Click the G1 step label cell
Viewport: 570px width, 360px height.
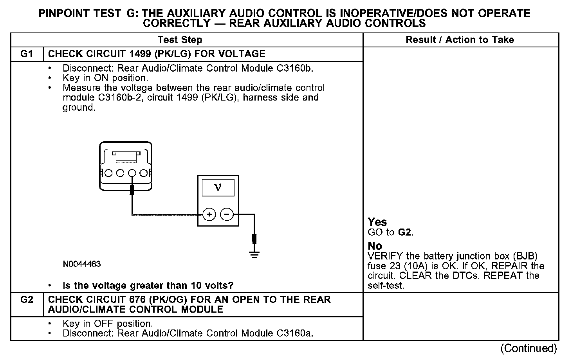27,54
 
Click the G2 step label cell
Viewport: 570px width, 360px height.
27,300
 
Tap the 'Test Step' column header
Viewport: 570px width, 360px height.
180,40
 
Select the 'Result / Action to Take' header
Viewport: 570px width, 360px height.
460,40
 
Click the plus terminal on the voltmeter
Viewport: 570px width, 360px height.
209,214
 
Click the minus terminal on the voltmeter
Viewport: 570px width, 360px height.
227,214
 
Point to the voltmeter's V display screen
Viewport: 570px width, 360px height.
218,188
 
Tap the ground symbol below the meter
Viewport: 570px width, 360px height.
254,255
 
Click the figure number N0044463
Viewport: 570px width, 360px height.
82,264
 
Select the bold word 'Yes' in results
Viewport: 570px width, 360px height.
377,222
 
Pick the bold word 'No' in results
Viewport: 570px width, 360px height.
375,246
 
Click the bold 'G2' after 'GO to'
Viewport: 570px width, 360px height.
405,232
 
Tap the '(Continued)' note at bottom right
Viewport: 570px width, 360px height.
529,348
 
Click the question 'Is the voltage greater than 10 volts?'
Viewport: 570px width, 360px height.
148,285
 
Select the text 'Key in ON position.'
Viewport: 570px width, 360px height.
105,78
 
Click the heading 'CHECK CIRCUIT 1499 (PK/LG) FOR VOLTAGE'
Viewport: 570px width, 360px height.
157,54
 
